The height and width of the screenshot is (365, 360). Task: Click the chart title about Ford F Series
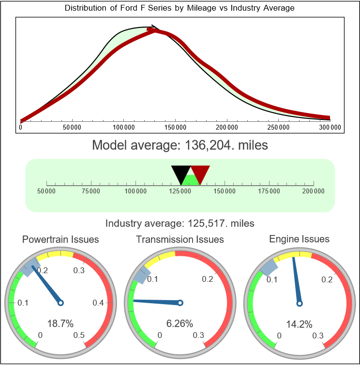(x=180, y=8)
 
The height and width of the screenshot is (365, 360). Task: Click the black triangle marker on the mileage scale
(x=181, y=173)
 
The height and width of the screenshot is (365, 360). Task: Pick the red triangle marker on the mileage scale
(x=200, y=173)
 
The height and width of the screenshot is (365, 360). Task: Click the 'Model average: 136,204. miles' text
(x=180, y=145)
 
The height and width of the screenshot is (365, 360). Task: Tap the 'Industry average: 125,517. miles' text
(x=180, y=223)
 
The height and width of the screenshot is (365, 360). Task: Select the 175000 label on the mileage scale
(x=269, y=191)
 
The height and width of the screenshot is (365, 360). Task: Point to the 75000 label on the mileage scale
(x=91, y=191)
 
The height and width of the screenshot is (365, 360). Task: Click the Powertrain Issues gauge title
(x=60, y=239)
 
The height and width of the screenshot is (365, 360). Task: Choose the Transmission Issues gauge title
(x=180, y=239)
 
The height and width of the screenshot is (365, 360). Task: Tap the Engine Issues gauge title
(x=299, y=239)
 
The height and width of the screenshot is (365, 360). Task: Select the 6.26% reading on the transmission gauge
(x=180, y=323)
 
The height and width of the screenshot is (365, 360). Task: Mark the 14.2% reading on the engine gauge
(x=300, y=323)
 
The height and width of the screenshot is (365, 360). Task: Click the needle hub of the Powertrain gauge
(x=60, y=303)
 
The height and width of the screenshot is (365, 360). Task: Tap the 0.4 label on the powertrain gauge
(x=98, y=303)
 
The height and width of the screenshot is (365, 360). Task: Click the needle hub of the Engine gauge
(x=300, y=303)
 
